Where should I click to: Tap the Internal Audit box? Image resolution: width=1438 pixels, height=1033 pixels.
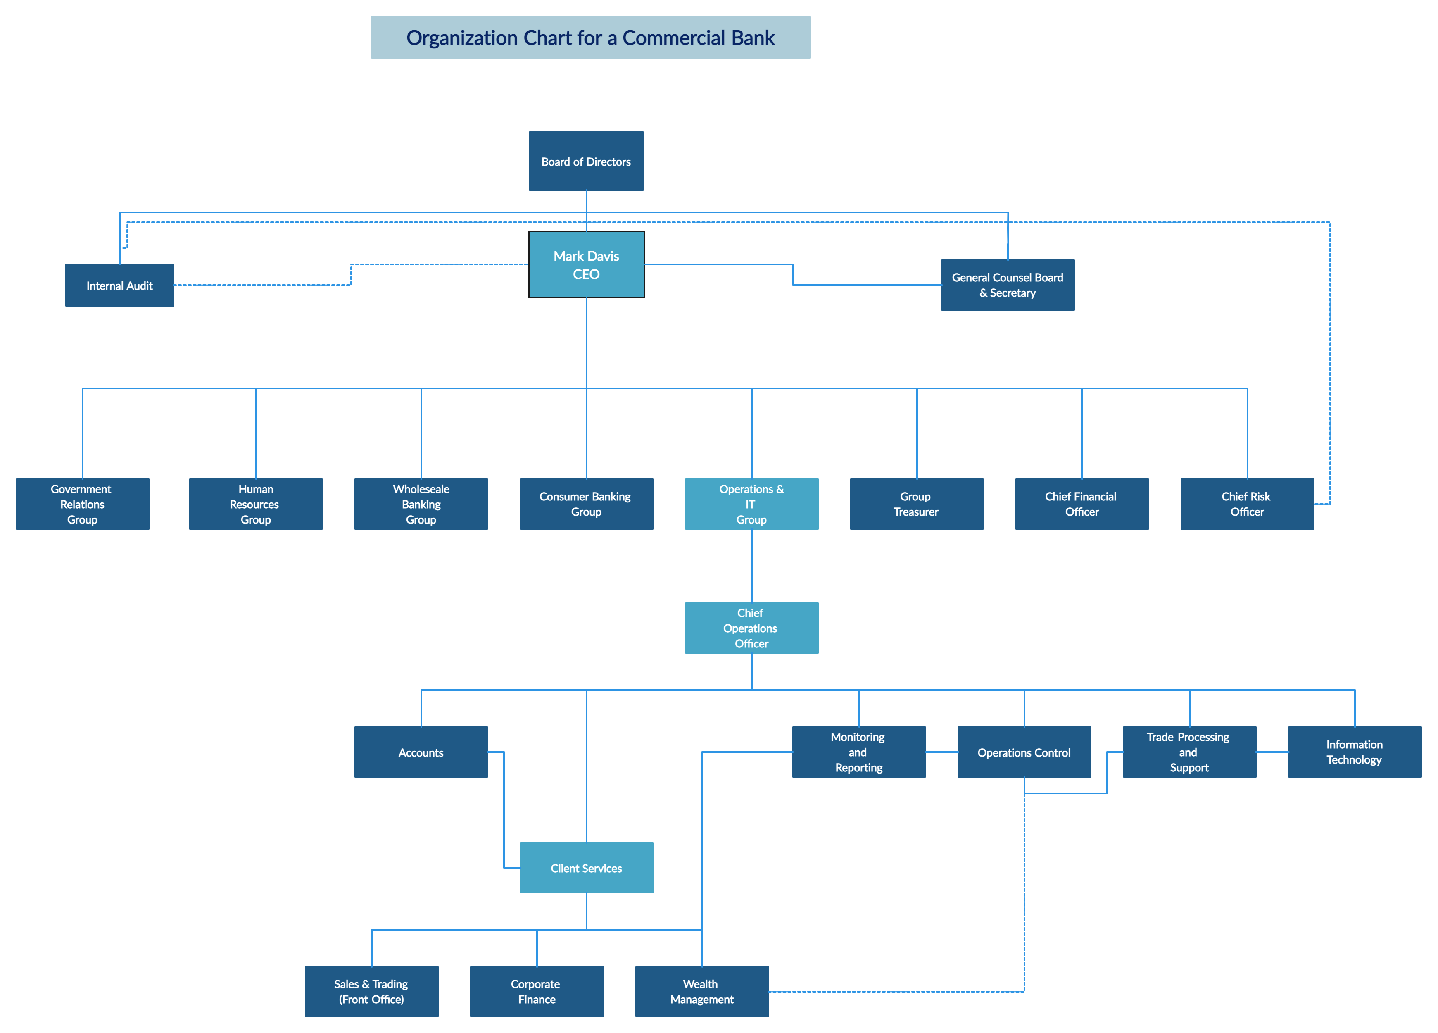(x=119, y=286)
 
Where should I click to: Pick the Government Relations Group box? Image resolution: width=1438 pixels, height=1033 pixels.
(x=83, y=504)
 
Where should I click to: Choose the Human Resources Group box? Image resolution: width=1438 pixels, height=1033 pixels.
(x=256, y=504)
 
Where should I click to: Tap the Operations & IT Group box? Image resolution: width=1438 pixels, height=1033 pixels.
(x=751, y=504)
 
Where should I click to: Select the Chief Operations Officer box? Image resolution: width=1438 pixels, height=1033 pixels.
(x=751, y=628)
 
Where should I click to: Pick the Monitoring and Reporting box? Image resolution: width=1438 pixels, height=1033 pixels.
(x=859, y=752)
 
